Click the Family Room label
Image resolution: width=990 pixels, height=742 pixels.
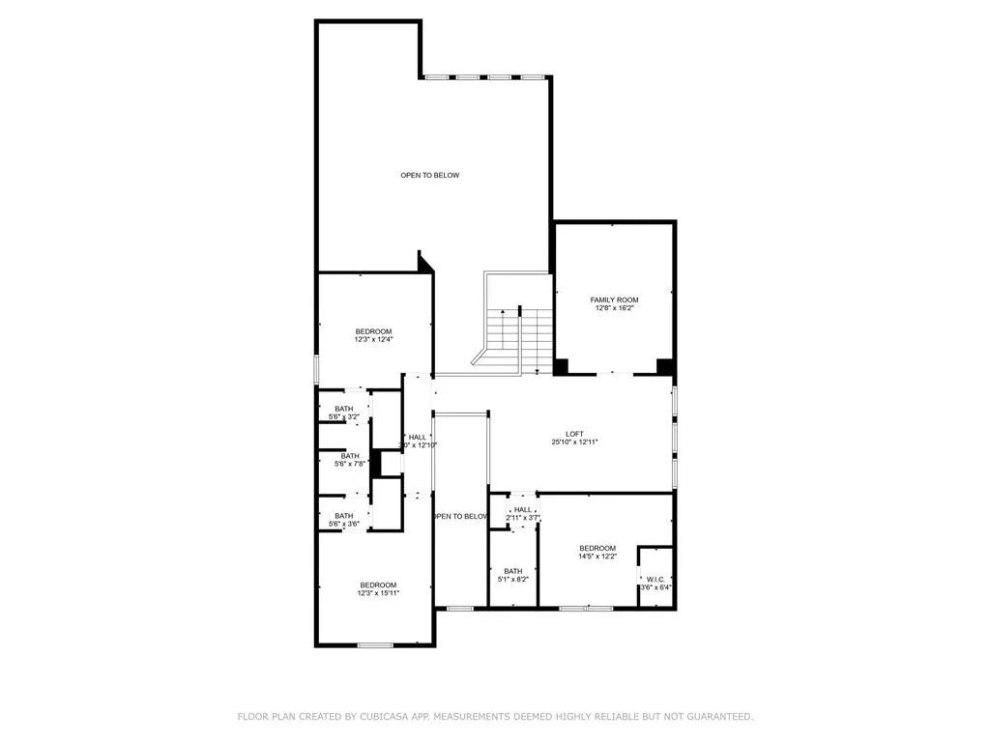click(614, 300)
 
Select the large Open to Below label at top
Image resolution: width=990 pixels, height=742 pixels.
click(430, 175)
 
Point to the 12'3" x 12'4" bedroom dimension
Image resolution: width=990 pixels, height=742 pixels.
click(373, 339)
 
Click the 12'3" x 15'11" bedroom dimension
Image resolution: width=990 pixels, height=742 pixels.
click(378, 593)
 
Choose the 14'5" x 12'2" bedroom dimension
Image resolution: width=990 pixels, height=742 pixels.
click(597, 556)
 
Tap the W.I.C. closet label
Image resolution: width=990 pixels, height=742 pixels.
click(655, 580)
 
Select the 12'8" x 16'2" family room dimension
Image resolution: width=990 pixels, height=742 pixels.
click(614, 308)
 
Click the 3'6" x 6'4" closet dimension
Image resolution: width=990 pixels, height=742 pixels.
click(655, 588)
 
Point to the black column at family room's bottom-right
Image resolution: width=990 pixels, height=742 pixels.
click(664, 366)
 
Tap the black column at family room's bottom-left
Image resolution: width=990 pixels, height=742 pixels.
click(562, 366)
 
